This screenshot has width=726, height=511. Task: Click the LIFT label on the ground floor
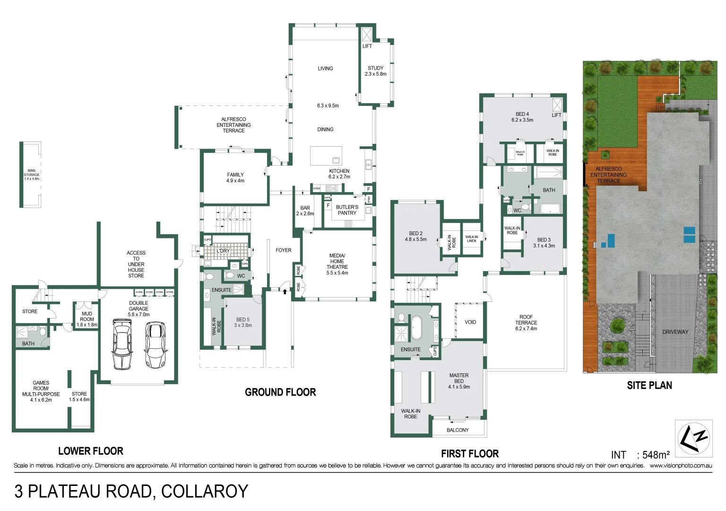pyautogui.click(x=367, y=46)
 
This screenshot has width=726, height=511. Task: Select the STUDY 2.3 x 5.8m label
pyautogui.click(x=376, y=71)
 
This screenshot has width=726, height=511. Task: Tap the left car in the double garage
pyautogui.click(x=122, y=344)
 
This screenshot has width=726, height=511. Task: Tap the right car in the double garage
pyautogui.click(x=156, y=344)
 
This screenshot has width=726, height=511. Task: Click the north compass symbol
pyautogui.click(x=693, y=439)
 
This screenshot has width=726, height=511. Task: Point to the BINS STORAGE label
pyautogui.click(x=32, y=175)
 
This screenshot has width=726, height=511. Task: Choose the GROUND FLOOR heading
pyautogui.click(x=280, y=392)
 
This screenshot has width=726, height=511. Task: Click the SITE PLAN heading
pyautogui.click(x=649, y=386)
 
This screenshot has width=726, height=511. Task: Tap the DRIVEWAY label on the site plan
pyautogui.click(x=675, y=332)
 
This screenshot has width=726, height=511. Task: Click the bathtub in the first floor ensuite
pyautogui.click(x=416, y=327)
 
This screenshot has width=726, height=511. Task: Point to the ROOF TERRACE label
pyautogui.click(x=526, y=323)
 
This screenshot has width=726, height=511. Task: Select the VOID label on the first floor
pyautogui.click(x=470, y=322)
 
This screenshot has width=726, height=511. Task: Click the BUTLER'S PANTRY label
pyautogui.click(x=347, y=210)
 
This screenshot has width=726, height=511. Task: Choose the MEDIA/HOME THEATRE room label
pyautogui.click(x=337, y=264)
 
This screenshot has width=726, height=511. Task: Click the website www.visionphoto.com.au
pyautogui.click(x=681, y=466)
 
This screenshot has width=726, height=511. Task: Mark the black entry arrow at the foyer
pyautogui.click(x=285, y=291)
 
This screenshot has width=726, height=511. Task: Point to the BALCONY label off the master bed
pyautogui.click(x=458, y=430)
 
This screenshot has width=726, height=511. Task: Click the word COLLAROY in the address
pyautogui.click(x=204, y=491)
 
